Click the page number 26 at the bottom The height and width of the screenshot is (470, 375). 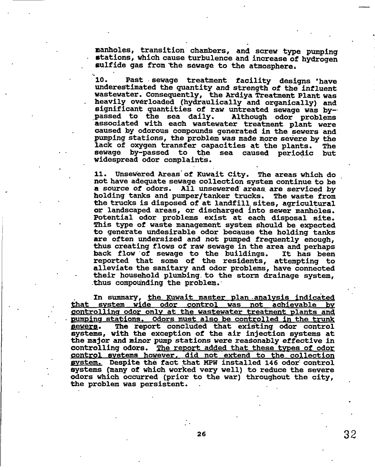click(x=201, y=434)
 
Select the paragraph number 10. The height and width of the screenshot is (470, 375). click(x=101, y=81)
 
